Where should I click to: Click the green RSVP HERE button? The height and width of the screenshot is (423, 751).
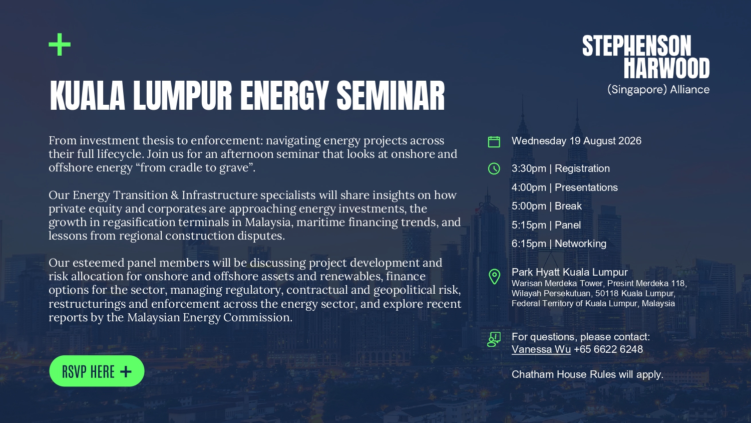[x=97, y=371]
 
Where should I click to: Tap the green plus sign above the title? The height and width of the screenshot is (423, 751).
[x=60, y=44]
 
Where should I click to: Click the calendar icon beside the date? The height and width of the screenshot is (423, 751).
[x=494, y=142]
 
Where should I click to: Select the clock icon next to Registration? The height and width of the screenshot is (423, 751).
[x=494, y=168]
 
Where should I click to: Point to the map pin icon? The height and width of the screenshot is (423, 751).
[x=494, y=277]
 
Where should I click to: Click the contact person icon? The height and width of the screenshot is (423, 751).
[x=494, y=339]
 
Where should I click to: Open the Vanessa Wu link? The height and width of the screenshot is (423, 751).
[x=541, y=349]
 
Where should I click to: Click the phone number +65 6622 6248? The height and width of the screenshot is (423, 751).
[x=608, y=349]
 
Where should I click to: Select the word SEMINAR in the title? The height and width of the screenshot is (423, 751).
[x=391, y=96]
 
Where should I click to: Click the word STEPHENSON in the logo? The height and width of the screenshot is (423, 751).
[x=637, y=46]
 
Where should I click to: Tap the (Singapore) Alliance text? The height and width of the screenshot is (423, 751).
[x=658, y=90]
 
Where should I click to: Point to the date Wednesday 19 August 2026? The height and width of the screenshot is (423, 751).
[x=576, y=141]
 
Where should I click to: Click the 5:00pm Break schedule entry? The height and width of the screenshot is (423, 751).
[x=547, y=206]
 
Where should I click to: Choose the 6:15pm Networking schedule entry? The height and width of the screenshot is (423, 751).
[x=559, y=244]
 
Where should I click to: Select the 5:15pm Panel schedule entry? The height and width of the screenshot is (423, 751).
[x=546, y=225]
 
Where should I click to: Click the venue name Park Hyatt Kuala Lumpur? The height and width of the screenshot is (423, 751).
[x=570, y=272]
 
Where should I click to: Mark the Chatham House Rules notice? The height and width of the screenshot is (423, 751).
[x=587, y=375]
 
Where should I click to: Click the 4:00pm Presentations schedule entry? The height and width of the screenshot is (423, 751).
[x=565, y=187]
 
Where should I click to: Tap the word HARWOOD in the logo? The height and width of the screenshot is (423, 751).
[x=666, y=68]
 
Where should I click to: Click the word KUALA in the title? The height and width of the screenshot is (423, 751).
[x=88, y=96]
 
